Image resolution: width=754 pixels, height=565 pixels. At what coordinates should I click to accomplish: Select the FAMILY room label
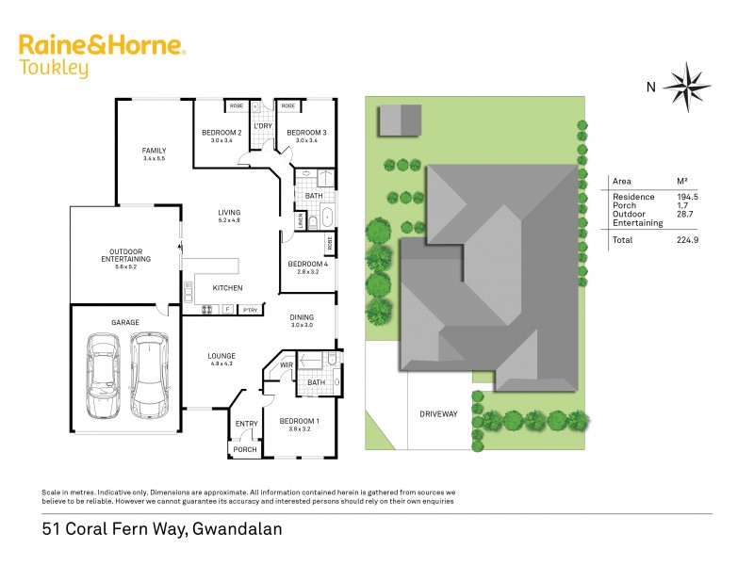(x=154, y=151)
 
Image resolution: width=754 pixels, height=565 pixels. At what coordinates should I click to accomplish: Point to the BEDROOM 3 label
(x=306, y=133)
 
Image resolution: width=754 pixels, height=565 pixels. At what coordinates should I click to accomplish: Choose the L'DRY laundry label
(x=263, y=126)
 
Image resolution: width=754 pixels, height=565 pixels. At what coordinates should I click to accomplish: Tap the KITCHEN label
(x=227, y=288)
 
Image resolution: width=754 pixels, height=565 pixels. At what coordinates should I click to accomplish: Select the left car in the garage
(x=104, y=376)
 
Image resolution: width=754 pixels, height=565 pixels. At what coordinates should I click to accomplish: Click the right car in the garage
(x=148, y=376)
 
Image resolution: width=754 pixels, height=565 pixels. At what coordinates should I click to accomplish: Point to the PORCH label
(x=245, y=449)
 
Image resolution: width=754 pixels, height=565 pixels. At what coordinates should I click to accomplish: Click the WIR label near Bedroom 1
(x=285, y=363)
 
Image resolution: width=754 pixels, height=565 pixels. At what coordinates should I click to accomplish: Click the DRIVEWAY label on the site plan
(x=438, y=413)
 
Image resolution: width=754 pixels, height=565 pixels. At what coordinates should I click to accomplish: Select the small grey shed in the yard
(x=401, y=121)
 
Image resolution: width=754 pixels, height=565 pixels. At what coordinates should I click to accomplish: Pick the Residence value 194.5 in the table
(x=684, y=196)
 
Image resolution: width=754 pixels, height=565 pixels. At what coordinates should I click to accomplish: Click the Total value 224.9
(x=684, y=240)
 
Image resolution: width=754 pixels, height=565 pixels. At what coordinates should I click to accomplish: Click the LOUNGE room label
(x=221, y=355)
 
